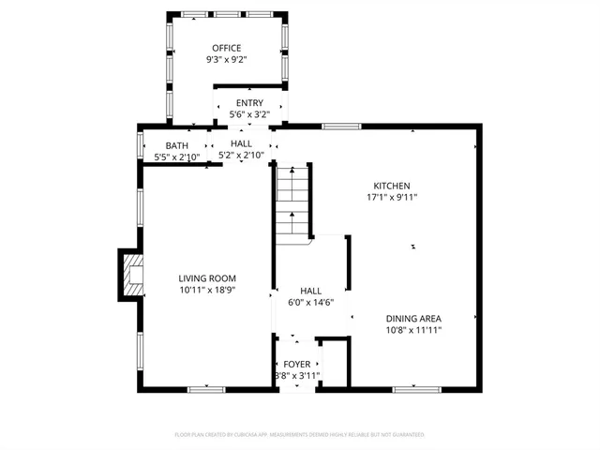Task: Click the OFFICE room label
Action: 225,48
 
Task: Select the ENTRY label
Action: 249,103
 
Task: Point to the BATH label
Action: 176,145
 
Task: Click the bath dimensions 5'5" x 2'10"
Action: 176,157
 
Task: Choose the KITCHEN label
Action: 392,186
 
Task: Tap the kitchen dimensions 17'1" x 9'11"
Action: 392,198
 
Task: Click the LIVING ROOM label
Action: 207,278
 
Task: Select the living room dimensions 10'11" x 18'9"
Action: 207,291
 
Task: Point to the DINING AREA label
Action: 413,318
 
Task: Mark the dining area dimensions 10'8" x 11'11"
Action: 413,330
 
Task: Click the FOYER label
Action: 296,364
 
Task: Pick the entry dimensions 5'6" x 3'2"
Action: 249,114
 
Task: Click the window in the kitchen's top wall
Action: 336,126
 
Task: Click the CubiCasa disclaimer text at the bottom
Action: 300,435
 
